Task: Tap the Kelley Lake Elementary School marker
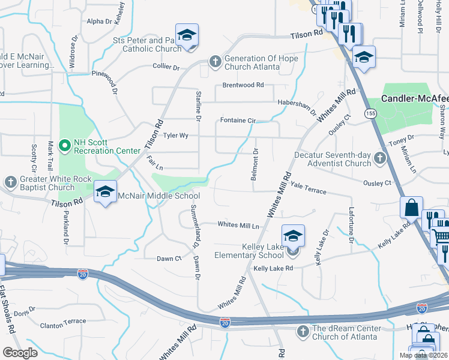[293, 235]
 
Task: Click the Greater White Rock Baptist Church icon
[10, 182]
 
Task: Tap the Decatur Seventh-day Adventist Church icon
[379, 158]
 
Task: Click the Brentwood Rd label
[243, 85]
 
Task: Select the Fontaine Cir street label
[238, 121]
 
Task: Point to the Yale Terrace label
[308, 188]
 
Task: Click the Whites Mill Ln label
[238, 225]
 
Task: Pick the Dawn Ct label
[169, 259]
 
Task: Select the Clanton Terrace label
[63, 322]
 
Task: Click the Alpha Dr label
[100, 22]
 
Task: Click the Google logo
[20, 353]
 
